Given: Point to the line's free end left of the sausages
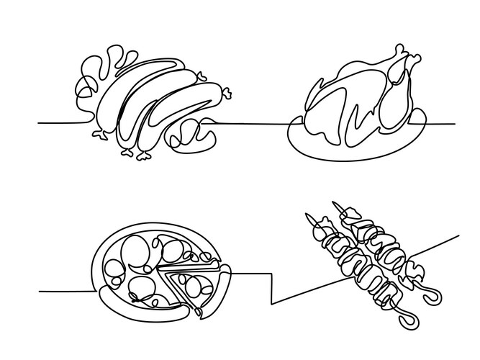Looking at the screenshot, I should [39, 123].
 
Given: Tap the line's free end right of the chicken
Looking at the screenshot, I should [454, 123].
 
